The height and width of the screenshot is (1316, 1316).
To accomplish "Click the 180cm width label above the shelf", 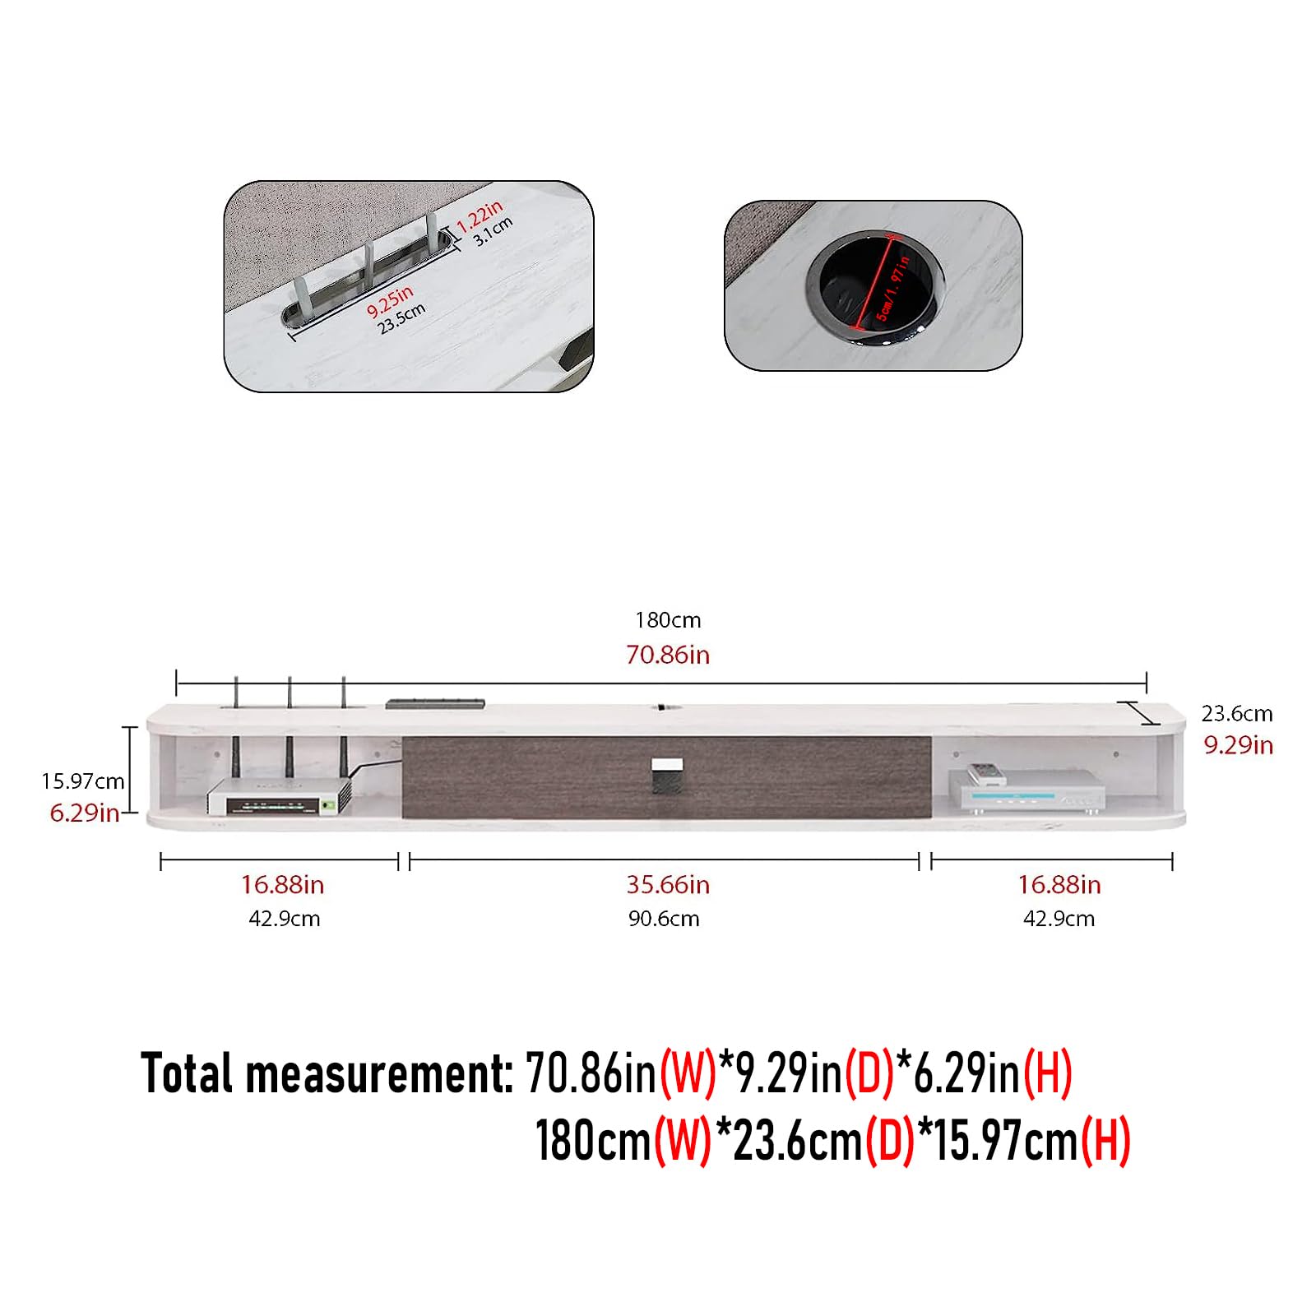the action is pos(668,620).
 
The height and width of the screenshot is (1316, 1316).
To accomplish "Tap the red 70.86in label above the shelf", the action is pos(668,655).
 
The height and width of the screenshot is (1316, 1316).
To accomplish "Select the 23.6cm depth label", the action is pos(1237,713).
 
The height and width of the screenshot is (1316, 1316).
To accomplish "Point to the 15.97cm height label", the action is pos(83,781).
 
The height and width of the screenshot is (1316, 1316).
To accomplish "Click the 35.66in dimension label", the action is pos(668,885).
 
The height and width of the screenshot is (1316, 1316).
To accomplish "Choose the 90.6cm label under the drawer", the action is pos(664,919).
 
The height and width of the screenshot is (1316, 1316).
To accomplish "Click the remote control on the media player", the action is pos(985,774).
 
